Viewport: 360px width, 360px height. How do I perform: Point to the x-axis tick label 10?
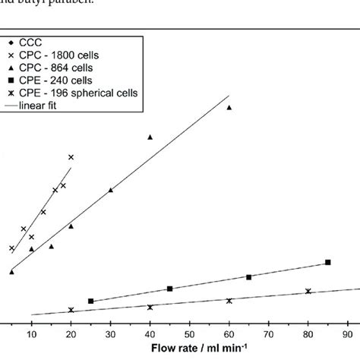pyautogui.click(x=31, y=333)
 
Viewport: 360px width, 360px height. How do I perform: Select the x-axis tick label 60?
pyautogui.click(x=229, y=333)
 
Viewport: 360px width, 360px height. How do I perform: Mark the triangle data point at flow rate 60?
pyautogui.click(x=229, y=108)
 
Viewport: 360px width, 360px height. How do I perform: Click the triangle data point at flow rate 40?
pyautogui.click(x=150, y=137)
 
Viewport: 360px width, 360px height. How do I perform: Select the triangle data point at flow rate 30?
pyautogui.click(x=110, y=190)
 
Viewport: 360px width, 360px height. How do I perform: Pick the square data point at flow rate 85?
pyautogui.click(x=327, y=262)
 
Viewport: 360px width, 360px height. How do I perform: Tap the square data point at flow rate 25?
pyautogui.click(x=90, y=302)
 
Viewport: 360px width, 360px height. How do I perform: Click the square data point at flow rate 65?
pyautogui.click(x=248, y=277)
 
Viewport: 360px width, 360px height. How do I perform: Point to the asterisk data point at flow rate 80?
pyautogui.click(x=308, y=291)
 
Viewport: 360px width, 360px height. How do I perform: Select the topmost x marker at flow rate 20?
pyautogui.click(x=71, y=157)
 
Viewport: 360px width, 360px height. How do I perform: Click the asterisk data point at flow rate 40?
pyautogui.click(x=150, y=307)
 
